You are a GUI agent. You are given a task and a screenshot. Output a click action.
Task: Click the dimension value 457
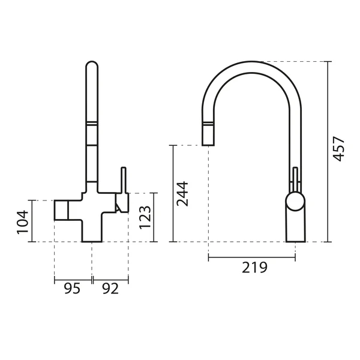click(x=339, y=149)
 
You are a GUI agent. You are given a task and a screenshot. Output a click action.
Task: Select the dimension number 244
click(x=182, y=194)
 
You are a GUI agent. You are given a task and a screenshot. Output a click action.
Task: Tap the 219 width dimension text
click(x=254, y=268)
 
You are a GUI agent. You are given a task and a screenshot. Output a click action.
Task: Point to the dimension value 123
click(x=145, y=217)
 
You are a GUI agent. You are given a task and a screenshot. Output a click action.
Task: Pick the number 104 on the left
click(x=23, y=222)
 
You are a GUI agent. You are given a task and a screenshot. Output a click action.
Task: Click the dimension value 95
click(x=72, y=289)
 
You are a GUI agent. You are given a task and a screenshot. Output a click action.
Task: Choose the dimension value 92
click(x=110, y=289)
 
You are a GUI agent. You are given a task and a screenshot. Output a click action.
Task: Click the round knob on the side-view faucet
click(x=295, y=202)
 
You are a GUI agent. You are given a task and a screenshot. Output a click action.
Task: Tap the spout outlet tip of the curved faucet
click(x=208, y=145)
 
